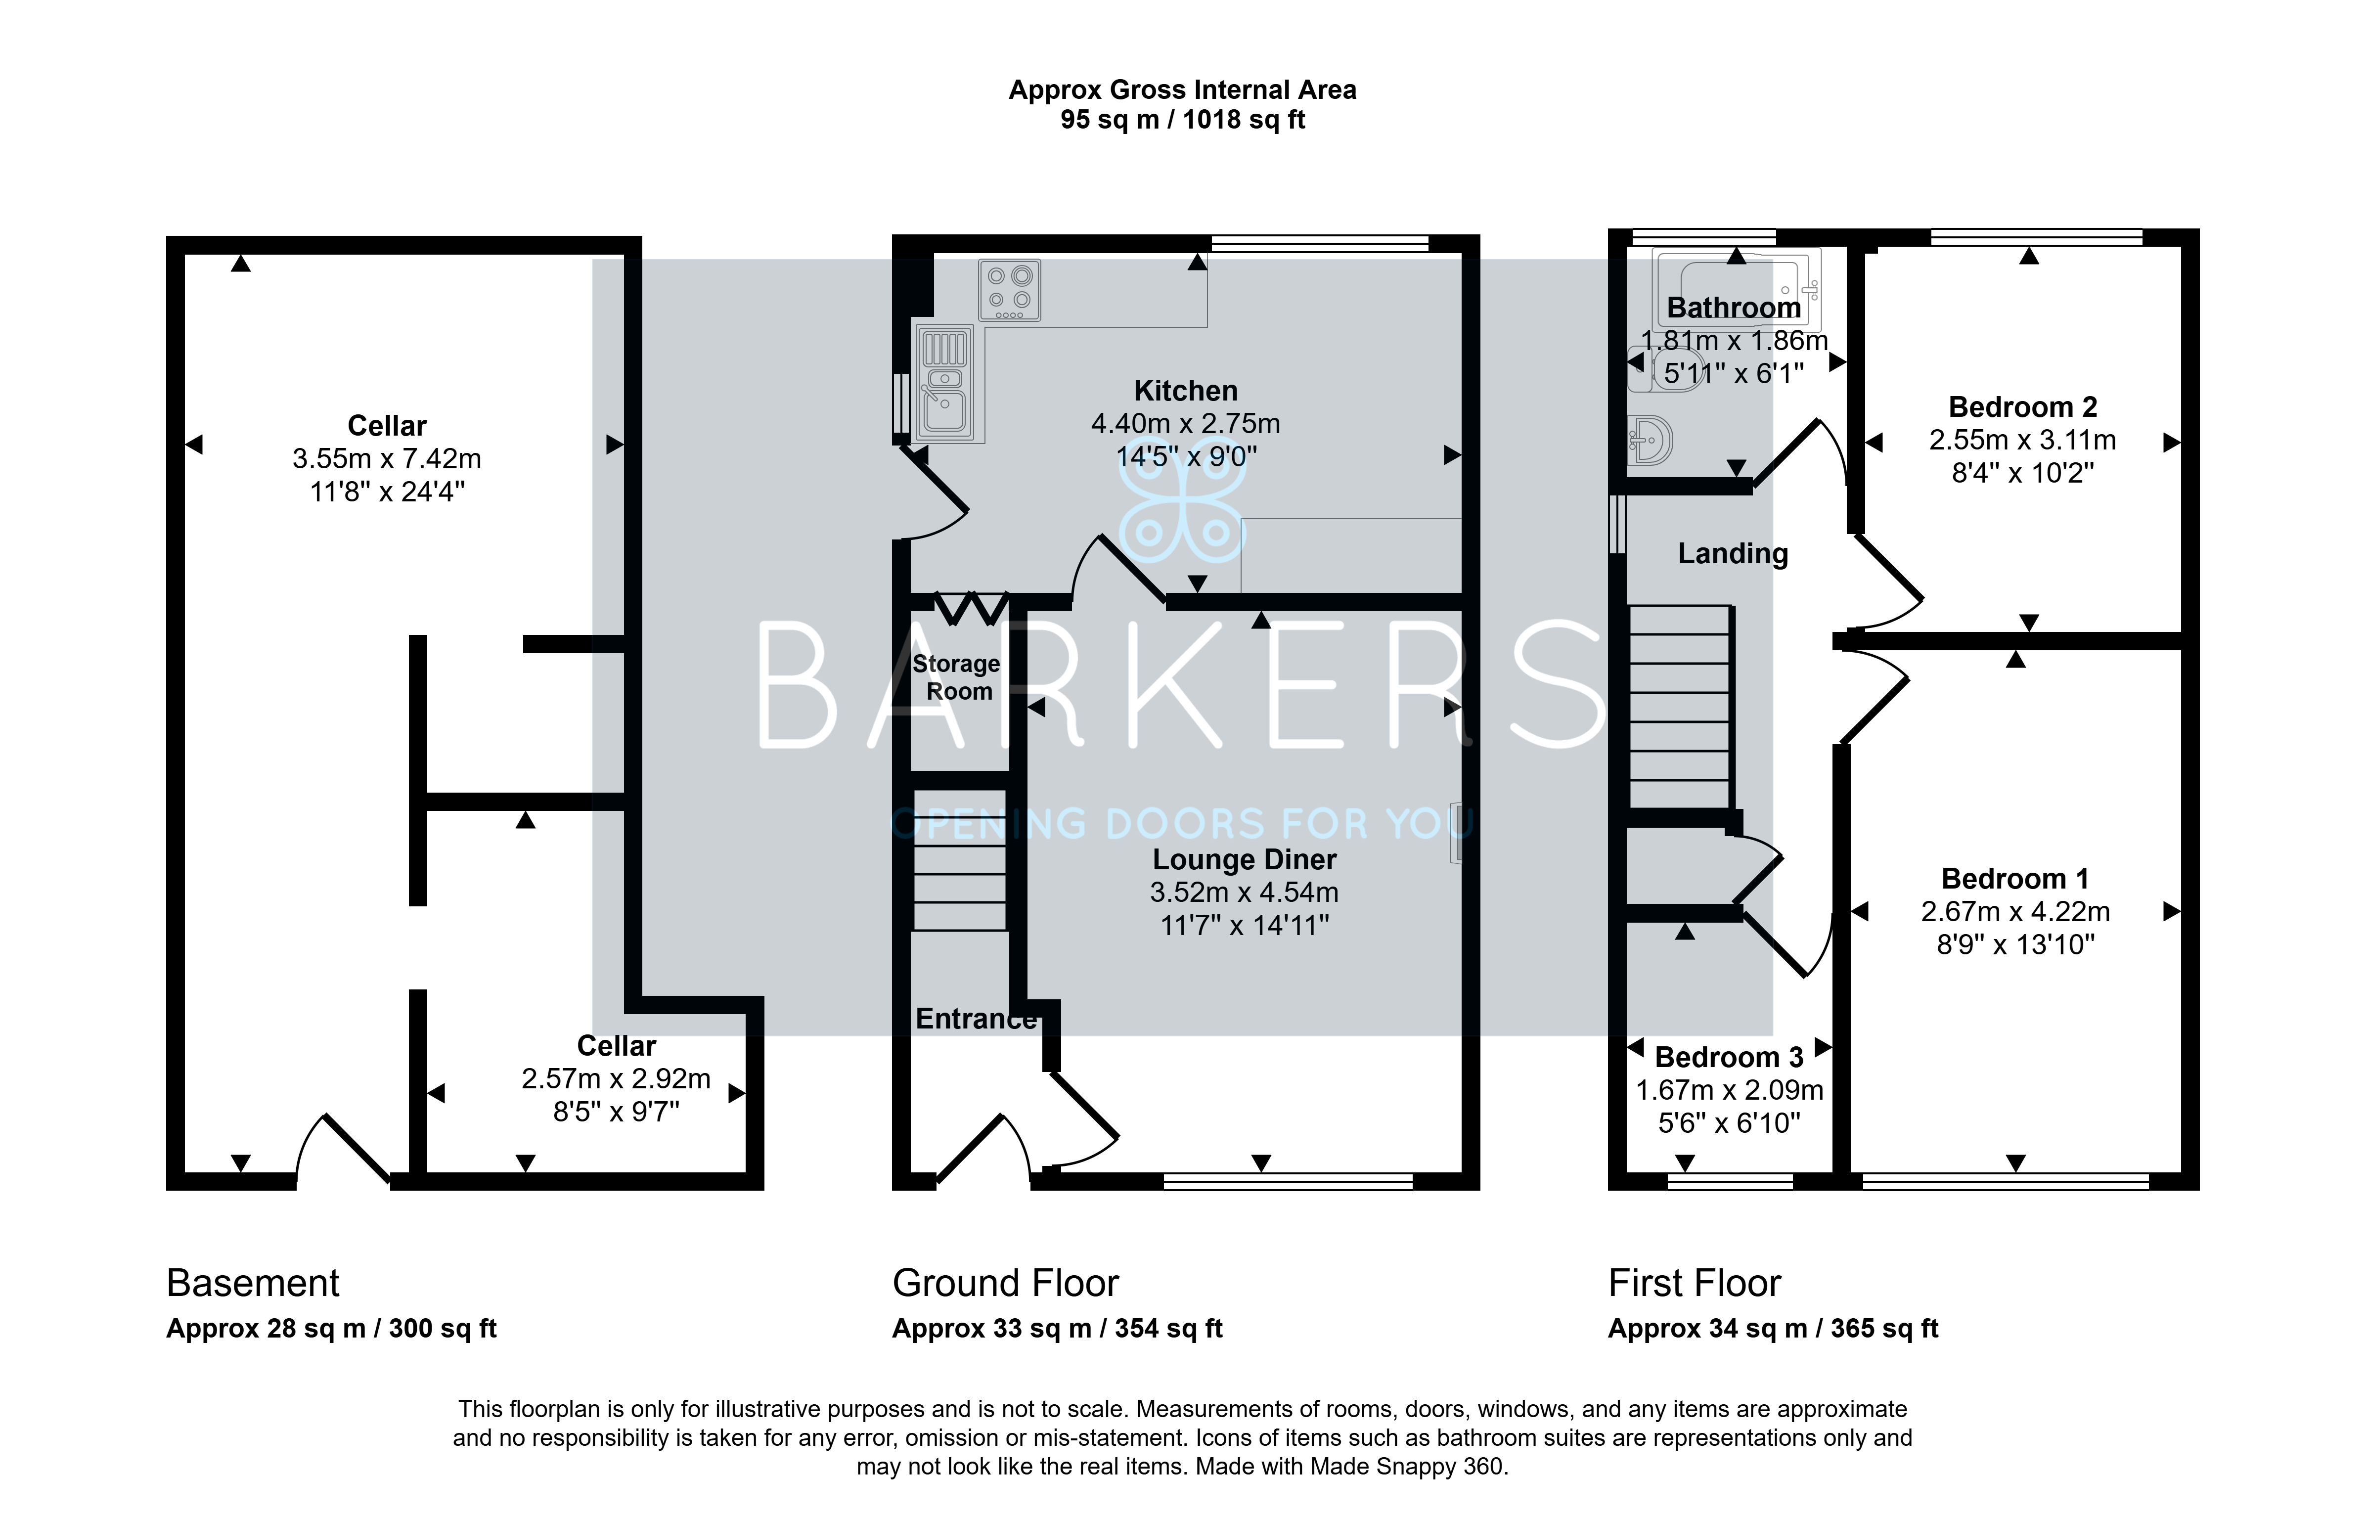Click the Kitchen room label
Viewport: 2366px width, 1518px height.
point(1185,391)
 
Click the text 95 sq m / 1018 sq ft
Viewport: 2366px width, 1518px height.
point(1183,120)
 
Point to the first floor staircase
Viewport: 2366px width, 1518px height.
point(1680,707)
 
